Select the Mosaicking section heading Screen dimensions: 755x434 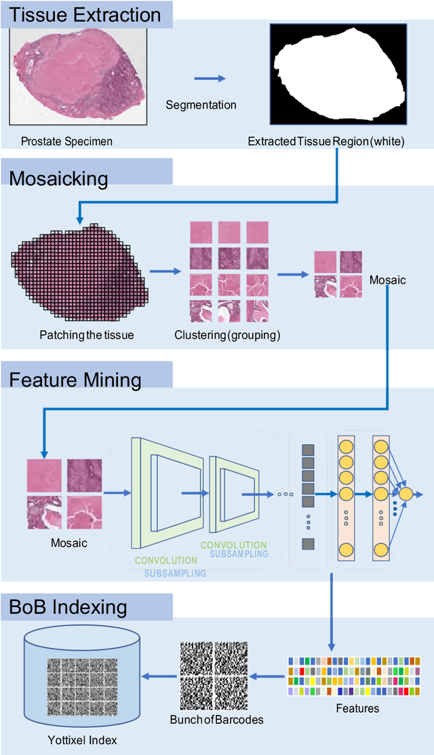tap(58, 179)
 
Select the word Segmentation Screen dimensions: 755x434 tap(201, 105)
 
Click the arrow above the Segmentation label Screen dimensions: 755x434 tap(209, 79)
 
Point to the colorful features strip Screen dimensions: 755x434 tap(353, 676)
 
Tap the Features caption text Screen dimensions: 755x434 tap(357, 708)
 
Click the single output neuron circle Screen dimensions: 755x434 tap(406, 494)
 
